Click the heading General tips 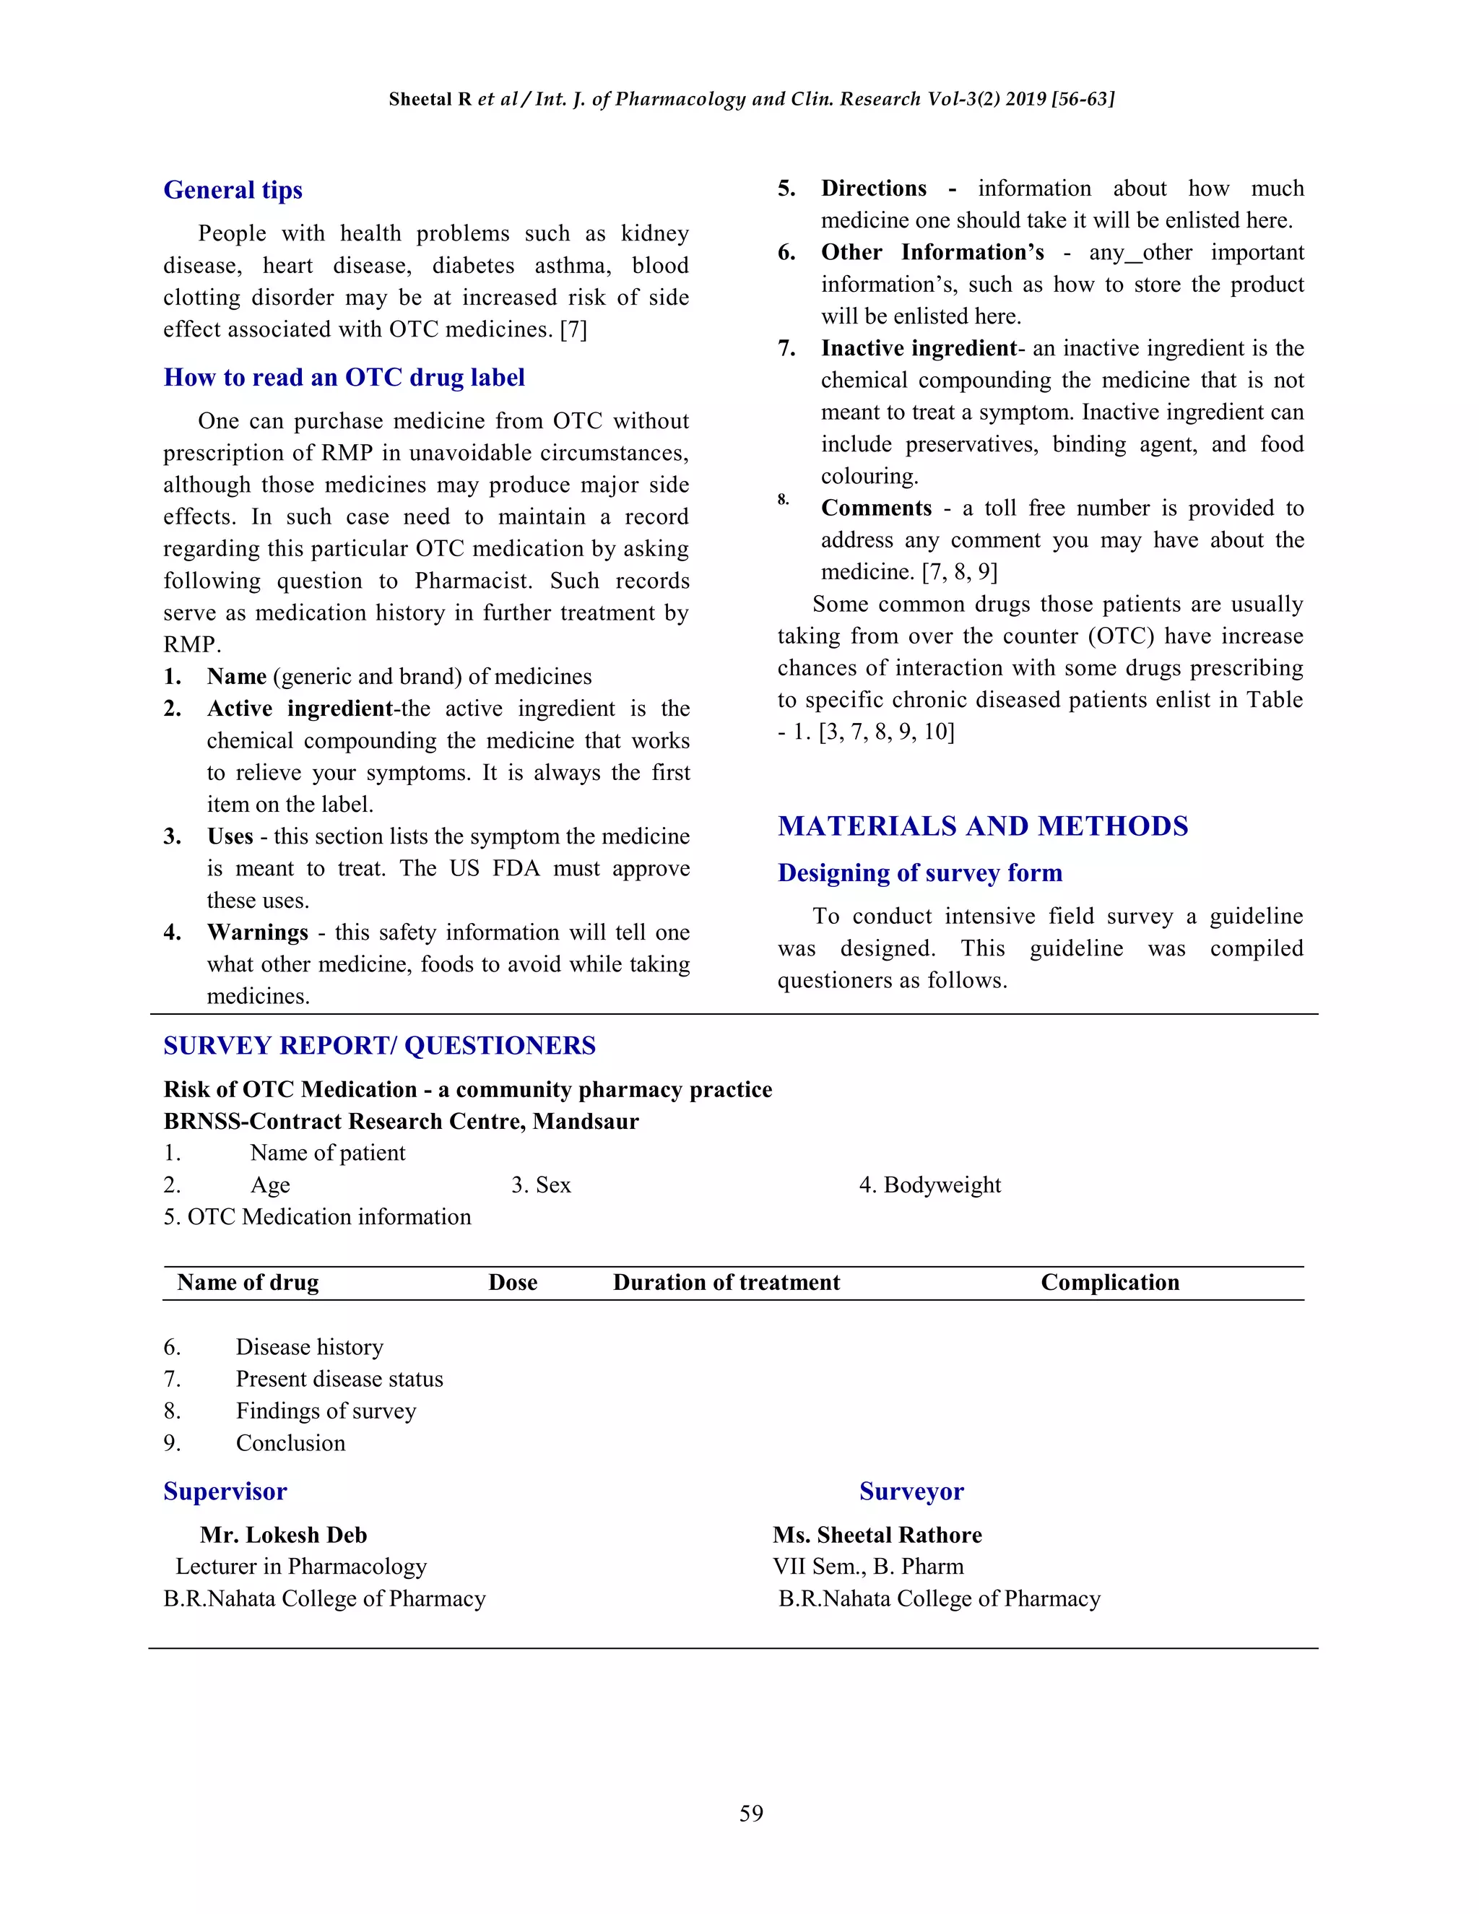pyautogui.click(x=233, y=190)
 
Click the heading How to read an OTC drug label pyautogui.click(x=344, y=378)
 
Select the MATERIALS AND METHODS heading pyautogui.click(x=982, y=826)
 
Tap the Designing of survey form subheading pyautogui.click(x=919, y=873)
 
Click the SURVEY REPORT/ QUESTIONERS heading pyautogui.click(x=378, y=1046)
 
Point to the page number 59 pyautogui.click(x=751, y=1813)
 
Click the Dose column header pyautogui.click(x=513, y=1283)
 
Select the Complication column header pyautogui.click(x=1109, y=1283)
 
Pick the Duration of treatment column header pyautogui.click(x=726, y=1283)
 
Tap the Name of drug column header pyautogui.click(x=247, y=1283)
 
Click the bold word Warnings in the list pyautogui.click(x=258, y=932)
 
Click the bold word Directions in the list pyautogui.click(x=874, y=189)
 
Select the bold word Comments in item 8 pyautogui.click(x=876, y=508)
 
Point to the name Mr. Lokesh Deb pyautogui.click(x=283, y=1536)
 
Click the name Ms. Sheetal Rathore pyautogui.click(x=877, y=1536)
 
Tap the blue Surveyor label pyautogui.click(x=911, y=1491)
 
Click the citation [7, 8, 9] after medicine pyautogui.click(x=960, y=572)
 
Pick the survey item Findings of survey pyautogui.click(x=325, y=1411)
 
